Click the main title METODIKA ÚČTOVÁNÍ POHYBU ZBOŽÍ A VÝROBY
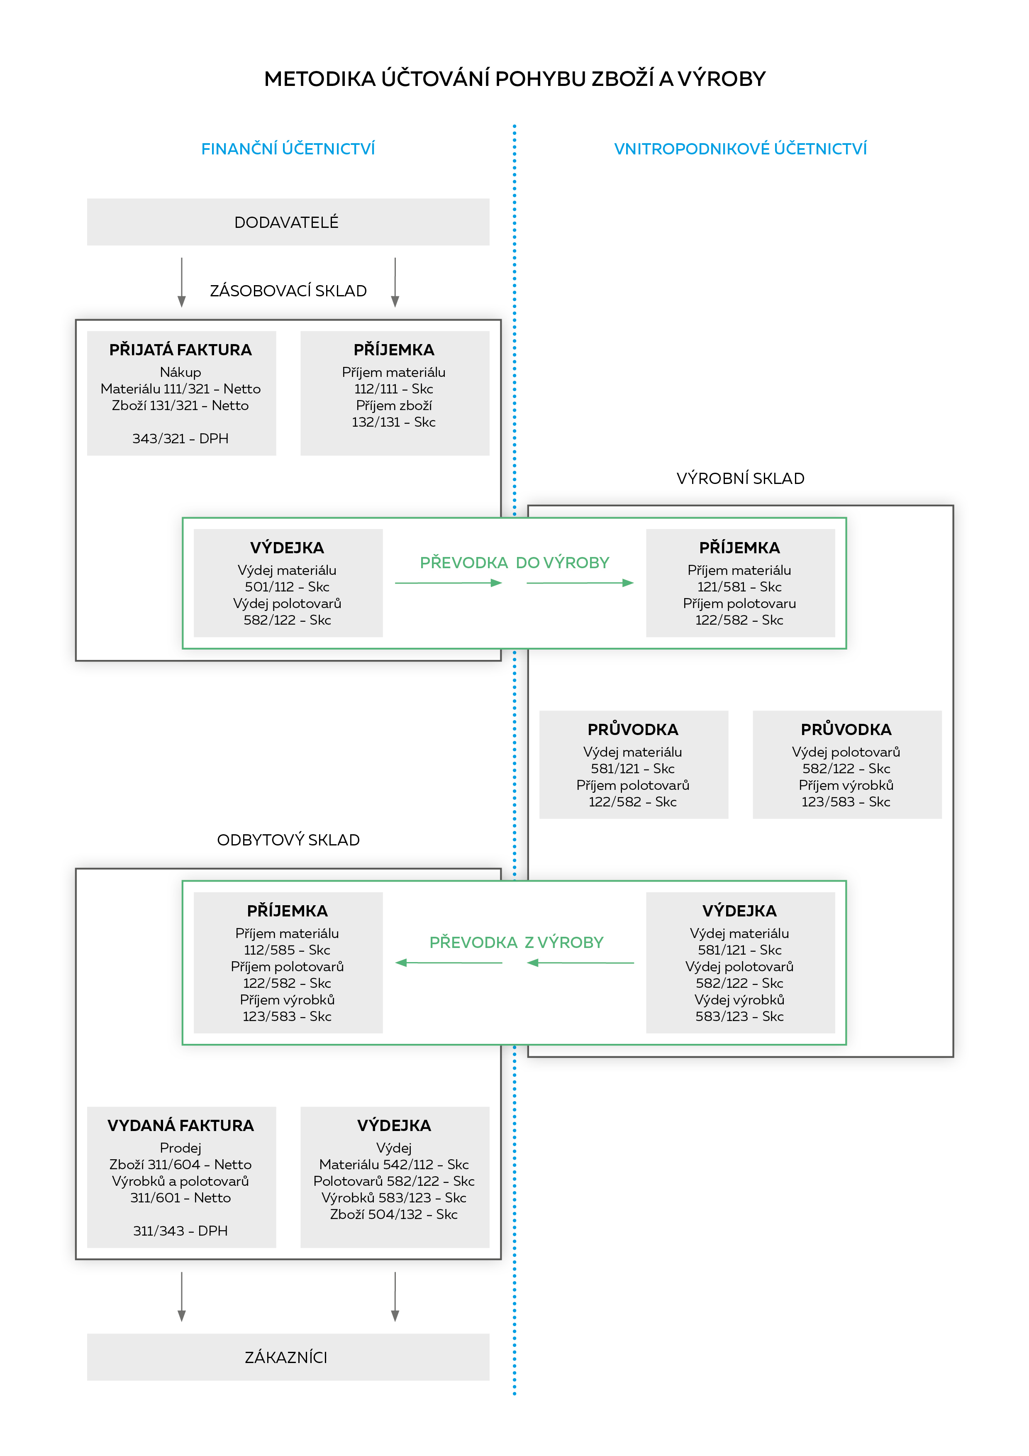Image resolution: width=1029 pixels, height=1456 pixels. point(514,78)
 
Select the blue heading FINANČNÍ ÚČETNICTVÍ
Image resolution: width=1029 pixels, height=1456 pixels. point(288,149)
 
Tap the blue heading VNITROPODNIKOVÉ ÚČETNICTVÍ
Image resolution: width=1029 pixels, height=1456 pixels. point(740,149)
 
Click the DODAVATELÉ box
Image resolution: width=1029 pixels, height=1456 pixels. point(288,222)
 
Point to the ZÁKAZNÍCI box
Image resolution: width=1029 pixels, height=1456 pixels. point(288,1357)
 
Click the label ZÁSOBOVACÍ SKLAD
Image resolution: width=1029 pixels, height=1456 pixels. point(288,291)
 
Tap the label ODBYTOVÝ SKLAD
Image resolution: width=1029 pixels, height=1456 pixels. point(288,840)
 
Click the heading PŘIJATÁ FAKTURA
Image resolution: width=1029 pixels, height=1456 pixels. point(180,349)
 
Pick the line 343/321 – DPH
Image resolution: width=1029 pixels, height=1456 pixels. point(180,438)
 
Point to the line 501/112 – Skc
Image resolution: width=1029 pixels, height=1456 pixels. point(287,586)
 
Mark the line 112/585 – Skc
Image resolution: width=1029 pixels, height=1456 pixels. point(287,950)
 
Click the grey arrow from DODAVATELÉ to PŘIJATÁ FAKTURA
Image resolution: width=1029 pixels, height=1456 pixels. point(182,282)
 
